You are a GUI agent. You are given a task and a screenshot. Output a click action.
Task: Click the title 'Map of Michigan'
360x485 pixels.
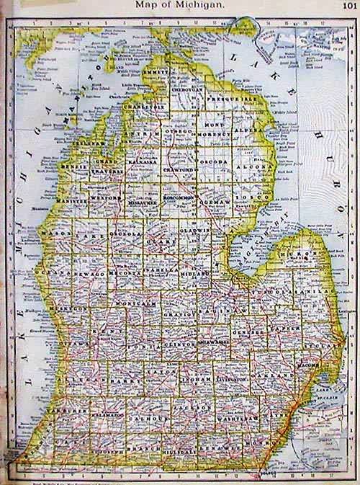point(180,5)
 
